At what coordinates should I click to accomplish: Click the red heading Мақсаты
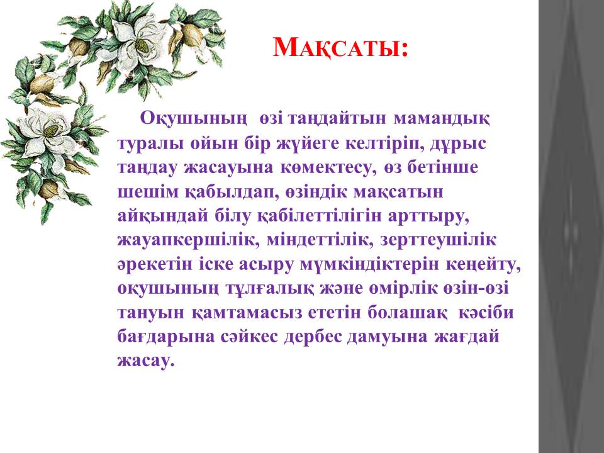click(340, 48)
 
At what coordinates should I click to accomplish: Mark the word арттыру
click(428, 216)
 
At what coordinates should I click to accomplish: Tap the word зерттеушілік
click(439, 240)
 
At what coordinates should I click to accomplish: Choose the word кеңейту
click(483, 265)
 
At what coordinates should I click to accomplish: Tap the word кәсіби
click(486, 313)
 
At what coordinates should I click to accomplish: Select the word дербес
click(313, 336)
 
